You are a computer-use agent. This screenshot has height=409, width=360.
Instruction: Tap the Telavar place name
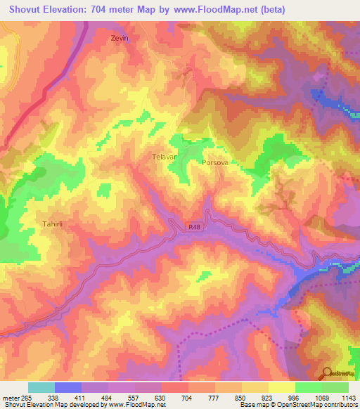[164, 158]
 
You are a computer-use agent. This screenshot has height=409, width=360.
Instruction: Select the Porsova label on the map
[214, 162]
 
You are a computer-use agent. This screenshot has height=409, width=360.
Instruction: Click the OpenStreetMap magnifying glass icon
[327, 373]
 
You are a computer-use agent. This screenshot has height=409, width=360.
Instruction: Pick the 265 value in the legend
[27, 397]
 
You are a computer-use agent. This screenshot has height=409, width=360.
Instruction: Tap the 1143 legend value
[349, 397]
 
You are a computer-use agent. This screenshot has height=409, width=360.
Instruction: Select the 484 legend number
[108, 397]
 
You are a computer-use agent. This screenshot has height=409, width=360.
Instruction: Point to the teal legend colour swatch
[41, 387]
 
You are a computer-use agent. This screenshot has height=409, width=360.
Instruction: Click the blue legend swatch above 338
[68, 387]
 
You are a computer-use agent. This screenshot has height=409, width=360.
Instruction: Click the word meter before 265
[11, 397]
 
